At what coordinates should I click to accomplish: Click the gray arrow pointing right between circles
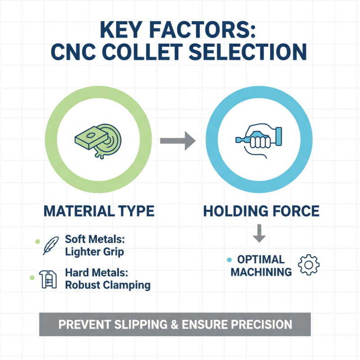[x=177, y=141]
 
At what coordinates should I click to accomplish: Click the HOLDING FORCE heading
[x=261, y=211]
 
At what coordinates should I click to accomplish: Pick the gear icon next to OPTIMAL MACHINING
[x=309, y=265]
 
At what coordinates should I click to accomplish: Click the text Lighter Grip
[x=94, y=252]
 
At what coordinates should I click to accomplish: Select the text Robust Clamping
[x=108, y=285]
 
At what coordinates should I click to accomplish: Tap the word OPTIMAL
[x=261, y=260]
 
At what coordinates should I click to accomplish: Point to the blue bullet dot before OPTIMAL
[x=229, y=260]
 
